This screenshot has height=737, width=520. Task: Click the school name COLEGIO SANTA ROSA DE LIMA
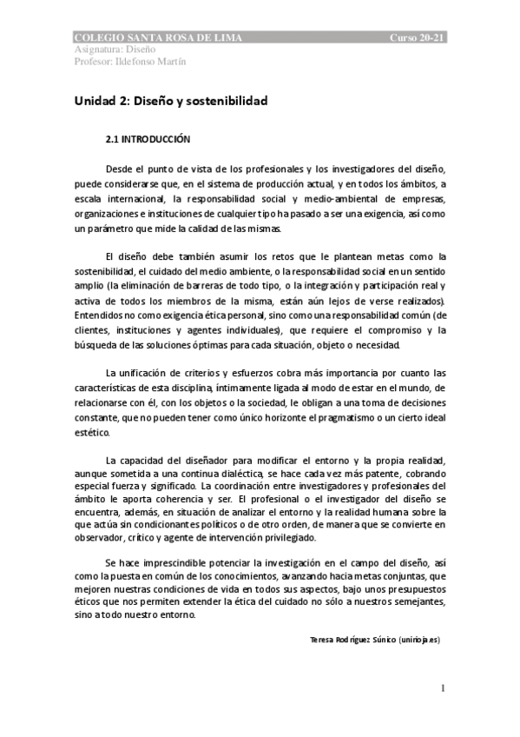click(x=159, y=39)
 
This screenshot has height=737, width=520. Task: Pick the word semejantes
click(x=412, y=600)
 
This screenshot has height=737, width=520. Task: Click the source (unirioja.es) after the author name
click(x=419, y=639)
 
